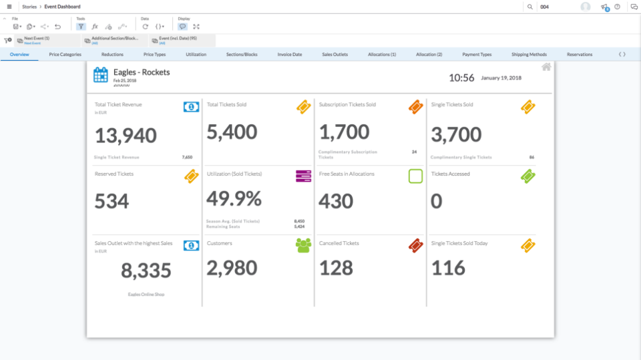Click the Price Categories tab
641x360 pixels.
65,54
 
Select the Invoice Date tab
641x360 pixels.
290,54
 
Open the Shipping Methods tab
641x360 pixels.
529,54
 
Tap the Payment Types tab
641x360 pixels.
477,54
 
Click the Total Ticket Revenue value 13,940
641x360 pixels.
126,136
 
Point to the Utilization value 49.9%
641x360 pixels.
234,198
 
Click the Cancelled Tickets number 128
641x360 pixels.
336,268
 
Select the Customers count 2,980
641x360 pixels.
232,268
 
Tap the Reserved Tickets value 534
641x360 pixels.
112,201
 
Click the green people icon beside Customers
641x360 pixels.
304,245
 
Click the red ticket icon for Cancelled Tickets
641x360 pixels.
415,245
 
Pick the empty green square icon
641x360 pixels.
415,176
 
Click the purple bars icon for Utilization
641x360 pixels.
304,176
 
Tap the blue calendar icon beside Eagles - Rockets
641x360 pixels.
101,75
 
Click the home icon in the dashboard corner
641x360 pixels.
546,67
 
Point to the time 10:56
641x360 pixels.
461,77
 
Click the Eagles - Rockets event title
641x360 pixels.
142,72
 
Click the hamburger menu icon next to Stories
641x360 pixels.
9,7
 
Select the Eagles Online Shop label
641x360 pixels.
146,294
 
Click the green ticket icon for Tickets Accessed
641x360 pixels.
527,176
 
